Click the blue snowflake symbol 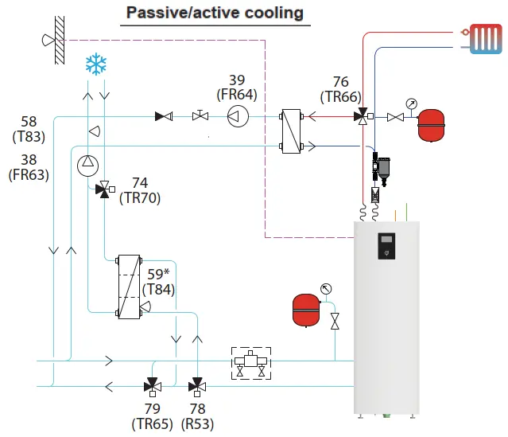96,64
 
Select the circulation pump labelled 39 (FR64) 238,116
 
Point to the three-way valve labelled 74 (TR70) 104,189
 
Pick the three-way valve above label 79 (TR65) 153,387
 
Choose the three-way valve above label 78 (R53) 197,387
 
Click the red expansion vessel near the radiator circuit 431,125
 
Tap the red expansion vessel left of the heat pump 306,310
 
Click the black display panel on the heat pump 386,246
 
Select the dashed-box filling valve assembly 251,363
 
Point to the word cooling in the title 273,13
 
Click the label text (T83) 29,137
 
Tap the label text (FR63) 29,175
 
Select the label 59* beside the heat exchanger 158,275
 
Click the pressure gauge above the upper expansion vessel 412,104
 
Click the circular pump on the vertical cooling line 87,166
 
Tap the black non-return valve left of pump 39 164,116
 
